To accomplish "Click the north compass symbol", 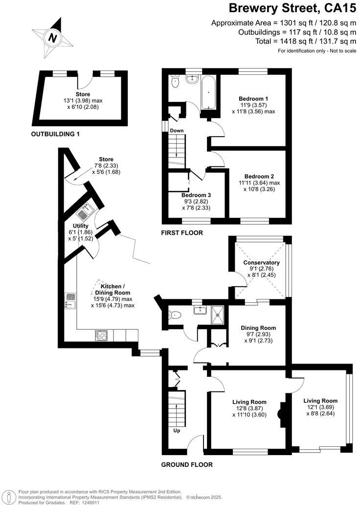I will pyautogui.click(x=53, y=37).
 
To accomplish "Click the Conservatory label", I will pyautogui.click(x=261, y=262).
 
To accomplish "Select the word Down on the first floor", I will pyautogui.click(x=177, y=131).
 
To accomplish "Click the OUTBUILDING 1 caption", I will pyautogui.click(x=55, y=134).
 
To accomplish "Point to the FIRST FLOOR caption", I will pyautogui.click(x=182, y=233).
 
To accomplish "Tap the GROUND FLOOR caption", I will pyautogui.click(x=187, y=464).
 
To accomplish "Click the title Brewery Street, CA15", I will pyautogui.click(x=293, y=8).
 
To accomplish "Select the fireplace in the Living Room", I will pyautogui.click(x=282, y=413).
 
